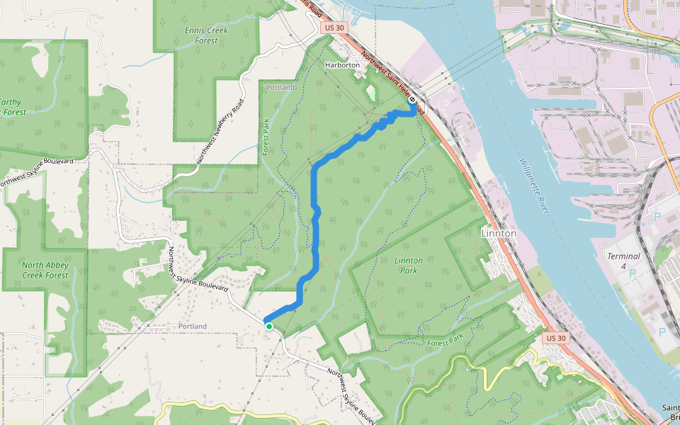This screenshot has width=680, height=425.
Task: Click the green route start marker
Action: [x=269, y=326]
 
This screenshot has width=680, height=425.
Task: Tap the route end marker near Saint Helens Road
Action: [x=412, y=101]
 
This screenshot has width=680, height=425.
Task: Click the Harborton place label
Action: [x=342, y=65]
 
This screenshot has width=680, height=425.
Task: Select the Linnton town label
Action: [x=499, y=232]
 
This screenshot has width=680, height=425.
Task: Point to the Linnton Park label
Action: [x=409, y=266]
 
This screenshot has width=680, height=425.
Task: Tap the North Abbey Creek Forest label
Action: [x=45, y=270]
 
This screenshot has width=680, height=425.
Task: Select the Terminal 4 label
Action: [x=623, y=261]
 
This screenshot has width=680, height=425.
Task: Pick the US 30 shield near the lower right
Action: [x=557, y=339]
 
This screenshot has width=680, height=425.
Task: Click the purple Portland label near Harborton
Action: [x=280, y=87]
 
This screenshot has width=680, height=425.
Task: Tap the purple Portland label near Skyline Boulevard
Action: [x=192, y=326]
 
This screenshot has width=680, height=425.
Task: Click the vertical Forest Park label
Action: [x=267, y=136]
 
